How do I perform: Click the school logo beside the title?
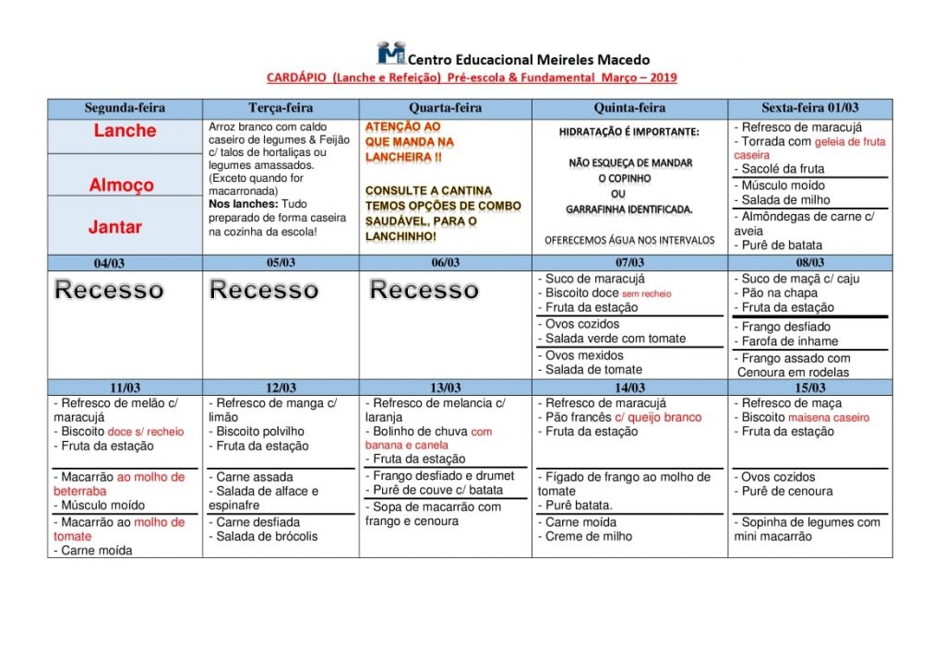(x=390, y=53)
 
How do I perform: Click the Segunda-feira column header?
(x=125, y=108)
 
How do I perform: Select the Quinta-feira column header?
(x=629, y=108)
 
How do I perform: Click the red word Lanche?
(x=125, y=131)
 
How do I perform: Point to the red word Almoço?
(x=121, y=185)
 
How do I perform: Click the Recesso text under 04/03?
(x=109, y=290)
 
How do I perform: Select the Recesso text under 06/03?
(x=425, y=290)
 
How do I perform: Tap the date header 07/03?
(x=629, y=263)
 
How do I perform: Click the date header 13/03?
(x=445, y=388)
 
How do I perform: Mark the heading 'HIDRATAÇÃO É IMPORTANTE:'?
(x=628, y=132)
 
